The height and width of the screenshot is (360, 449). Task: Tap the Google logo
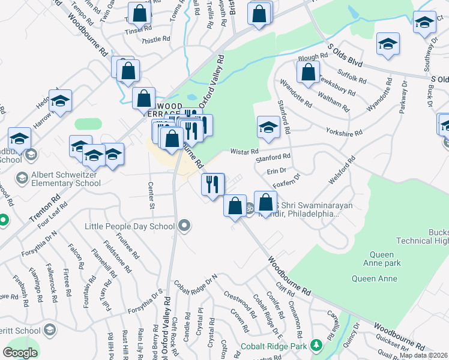point(20,353)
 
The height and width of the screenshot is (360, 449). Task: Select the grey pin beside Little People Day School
point(184,226)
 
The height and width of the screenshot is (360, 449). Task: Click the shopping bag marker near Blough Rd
point(308,73)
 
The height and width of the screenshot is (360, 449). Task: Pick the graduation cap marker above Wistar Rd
point(268,127)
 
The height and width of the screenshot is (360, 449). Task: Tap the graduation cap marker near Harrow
point(60,101)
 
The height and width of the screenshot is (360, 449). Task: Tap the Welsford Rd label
point(342,170)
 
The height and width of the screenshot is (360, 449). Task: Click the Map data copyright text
point(423,355)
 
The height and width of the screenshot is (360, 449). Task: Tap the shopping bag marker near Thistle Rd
point(139,13)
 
